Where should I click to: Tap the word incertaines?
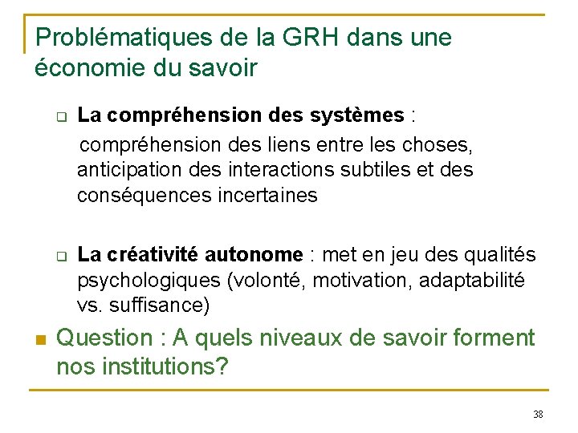click(x=267, y=195)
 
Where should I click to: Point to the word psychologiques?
click(x=150, y=281)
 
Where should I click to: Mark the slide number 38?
click(x=537, y=414)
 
